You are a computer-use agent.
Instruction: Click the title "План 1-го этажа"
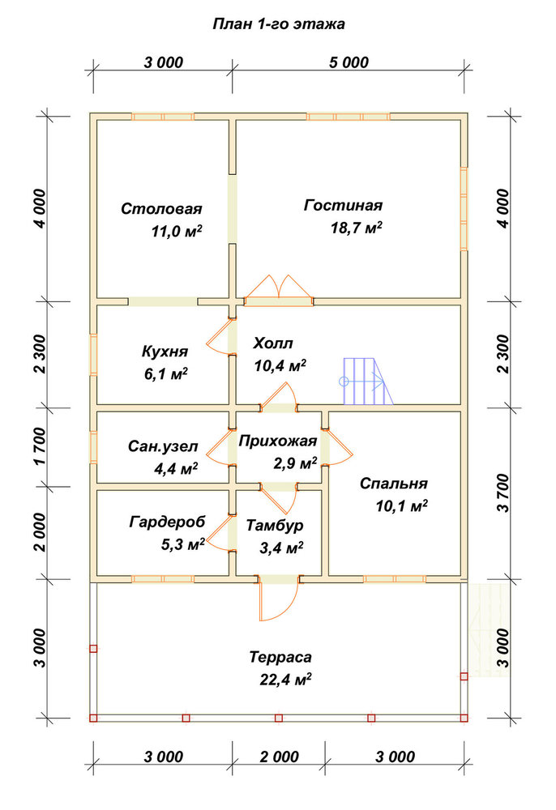[x=279, y=24]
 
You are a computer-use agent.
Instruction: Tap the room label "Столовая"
[x=161, y=209]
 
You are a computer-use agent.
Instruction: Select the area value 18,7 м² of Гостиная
[x=357, y=228]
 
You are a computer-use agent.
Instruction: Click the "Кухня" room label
[x=165, y=352]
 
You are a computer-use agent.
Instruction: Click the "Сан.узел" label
[x=163, y=446]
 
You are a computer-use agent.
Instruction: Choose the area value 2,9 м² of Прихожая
[x=295, y=463]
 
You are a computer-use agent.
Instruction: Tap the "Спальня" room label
[x=394, y=484]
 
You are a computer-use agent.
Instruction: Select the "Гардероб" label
[x=167, y=522]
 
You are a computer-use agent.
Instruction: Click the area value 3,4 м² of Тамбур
[x=281, y=548]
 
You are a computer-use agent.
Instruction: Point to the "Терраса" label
[x=280, y=657]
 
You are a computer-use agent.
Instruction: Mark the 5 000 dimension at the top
[x=349, y=62]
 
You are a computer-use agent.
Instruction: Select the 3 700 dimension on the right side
[x=503, y=492]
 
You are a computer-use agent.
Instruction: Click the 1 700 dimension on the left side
[x=41, y=446]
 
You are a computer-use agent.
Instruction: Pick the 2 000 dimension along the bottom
[x=279, y=757]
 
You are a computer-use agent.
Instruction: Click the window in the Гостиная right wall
[x=464, y=209]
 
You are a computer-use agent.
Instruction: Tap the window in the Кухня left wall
[x=93, y=355]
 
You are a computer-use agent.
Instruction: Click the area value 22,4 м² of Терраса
[x=285, y=680]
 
